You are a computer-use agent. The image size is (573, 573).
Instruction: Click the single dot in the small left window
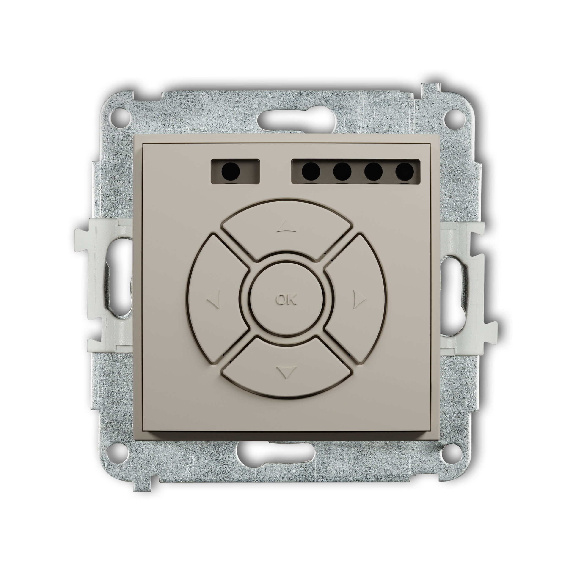(231, 171)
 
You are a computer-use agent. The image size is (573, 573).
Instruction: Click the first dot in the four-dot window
(311, 171)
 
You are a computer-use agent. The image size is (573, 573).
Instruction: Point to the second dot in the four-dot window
(342, 171)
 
